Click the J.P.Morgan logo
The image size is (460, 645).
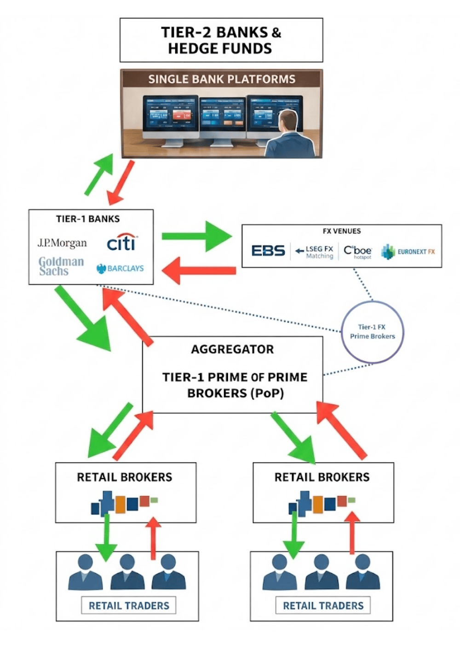62,243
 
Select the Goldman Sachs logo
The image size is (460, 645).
61,266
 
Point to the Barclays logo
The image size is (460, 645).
120,269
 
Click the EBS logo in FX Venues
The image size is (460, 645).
268,251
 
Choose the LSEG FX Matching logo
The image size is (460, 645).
315,252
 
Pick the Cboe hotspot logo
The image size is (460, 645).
357,252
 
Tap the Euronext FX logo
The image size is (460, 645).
408,252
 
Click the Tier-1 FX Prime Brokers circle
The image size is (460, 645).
373,332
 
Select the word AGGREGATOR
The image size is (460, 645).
232,350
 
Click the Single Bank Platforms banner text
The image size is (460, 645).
221,79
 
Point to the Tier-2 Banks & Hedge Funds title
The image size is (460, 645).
221,40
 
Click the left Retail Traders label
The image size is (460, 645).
129,606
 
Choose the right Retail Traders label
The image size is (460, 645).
323,606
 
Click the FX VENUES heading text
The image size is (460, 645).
341,231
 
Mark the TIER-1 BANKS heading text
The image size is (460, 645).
88,219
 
